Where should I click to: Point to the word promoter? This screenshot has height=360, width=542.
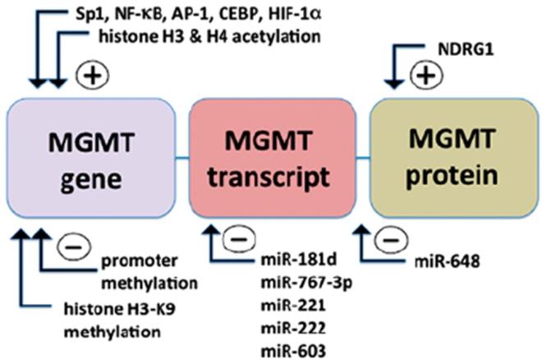click(x=138, y=264)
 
